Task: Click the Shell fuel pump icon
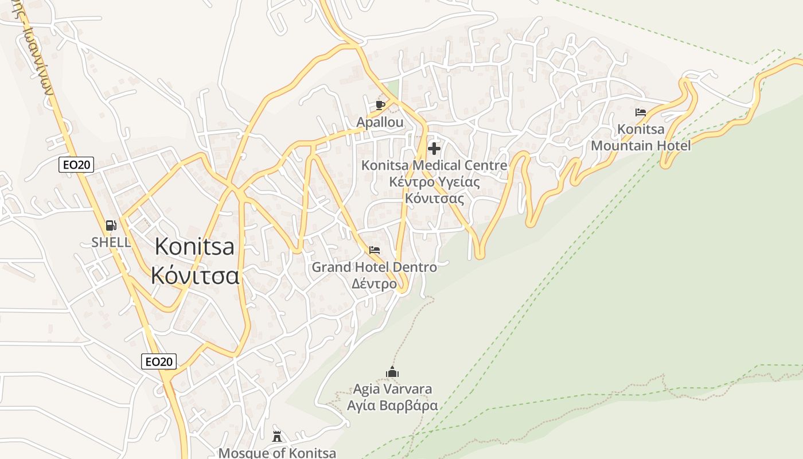pos(111,225)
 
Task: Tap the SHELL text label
pos(111,242)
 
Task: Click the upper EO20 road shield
pos(76,165)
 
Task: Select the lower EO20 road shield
pos(159,361)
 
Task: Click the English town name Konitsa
pos(195,247)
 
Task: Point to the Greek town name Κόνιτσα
pos(195,275)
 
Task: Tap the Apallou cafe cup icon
pos(380,105)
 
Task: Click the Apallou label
pos(380,122)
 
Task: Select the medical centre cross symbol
pos(434,149)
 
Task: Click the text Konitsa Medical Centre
pos(434,165)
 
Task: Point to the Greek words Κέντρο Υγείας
pos(434,182)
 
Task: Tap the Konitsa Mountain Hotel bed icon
pos(641,112)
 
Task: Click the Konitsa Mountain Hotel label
pos(641,137)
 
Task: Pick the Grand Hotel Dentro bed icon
pos(375,250)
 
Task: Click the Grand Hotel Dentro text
pos(374,267)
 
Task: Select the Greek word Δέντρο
pos(374,284)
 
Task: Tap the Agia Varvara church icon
pos(392,372)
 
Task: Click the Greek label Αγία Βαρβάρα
pos(392,406)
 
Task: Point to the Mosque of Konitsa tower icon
pos(277,437)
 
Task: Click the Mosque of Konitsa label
pos(277,453)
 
